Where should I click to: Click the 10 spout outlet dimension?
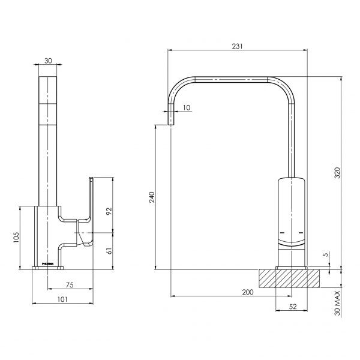pyautogui.click(x=187, y=107)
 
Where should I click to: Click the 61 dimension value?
pyautogui.click(x=109, y=250)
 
